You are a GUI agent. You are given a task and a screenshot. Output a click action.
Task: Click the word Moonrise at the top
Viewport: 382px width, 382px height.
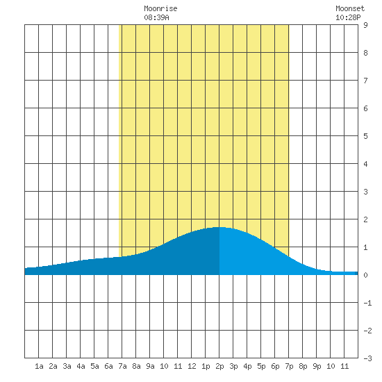point(160,8)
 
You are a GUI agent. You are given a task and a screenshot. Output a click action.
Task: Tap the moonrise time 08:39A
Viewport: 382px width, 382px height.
point(156,17)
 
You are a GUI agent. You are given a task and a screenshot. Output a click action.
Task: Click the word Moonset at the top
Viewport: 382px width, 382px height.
point(350,8)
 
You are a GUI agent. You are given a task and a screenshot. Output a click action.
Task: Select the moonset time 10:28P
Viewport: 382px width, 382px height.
point(348,17)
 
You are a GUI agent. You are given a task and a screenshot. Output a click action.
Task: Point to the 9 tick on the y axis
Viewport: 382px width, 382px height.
point(365,25)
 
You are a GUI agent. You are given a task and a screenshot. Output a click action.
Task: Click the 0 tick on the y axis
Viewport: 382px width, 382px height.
point(365,275)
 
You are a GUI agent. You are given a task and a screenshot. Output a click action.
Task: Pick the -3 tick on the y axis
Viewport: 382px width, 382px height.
point(367,358)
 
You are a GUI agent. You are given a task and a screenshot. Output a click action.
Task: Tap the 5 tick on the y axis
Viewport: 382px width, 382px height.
point(365,136)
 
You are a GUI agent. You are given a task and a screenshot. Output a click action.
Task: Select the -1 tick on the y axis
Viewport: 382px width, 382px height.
point(367,303)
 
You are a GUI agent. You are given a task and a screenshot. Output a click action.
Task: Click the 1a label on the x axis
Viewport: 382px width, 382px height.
point(39,366)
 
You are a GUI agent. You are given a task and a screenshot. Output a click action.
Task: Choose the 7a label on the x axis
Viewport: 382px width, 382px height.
point(122,366)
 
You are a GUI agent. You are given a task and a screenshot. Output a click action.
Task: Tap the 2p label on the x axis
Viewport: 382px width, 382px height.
point(219,366)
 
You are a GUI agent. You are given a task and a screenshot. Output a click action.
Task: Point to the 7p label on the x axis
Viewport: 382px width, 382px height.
point(289,366)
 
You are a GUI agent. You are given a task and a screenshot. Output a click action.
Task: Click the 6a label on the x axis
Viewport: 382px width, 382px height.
point(108,366)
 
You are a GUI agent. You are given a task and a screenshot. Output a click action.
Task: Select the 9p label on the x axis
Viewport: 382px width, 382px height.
point(317,366)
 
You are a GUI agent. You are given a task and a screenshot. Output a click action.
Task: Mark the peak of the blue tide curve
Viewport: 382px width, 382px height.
point(219,227)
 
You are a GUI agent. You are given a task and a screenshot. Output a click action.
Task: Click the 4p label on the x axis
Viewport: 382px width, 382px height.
point(247,366)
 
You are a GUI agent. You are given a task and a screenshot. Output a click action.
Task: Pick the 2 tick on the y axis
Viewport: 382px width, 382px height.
point(365,219)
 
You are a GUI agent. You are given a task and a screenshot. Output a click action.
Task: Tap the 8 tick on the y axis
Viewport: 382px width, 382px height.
point(365,53)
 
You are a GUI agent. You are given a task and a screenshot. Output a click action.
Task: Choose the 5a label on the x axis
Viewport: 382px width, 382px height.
point(94,366)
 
